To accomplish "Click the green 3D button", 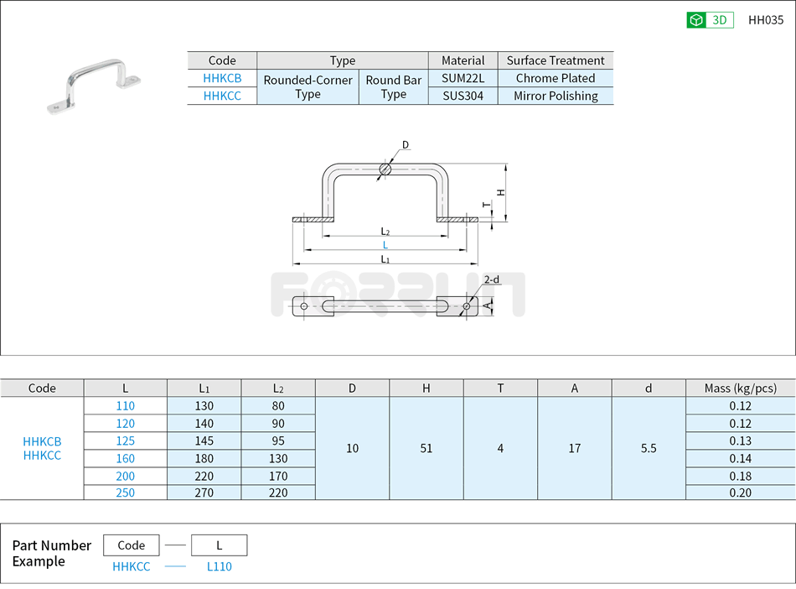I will [x=710, y=20].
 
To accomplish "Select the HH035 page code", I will [x=765, y=20].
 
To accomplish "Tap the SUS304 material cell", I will [x=463, y=96].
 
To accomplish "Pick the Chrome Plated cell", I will [x=555, y=78].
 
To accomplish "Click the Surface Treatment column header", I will [x=555, y=60].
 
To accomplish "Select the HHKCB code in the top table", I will [x=222, y=78].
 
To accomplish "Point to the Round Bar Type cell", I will [x=393, y=87].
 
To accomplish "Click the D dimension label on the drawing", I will [x=406, y=145].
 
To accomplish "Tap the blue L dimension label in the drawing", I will [x=385, y=245].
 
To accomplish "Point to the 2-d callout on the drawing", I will [x=491, y=279].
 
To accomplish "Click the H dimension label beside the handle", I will [x=501, y=192].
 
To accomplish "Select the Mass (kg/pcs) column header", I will [x=740, y=388].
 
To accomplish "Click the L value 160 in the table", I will [x=125, y=458].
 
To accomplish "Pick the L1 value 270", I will [x=204, y=493].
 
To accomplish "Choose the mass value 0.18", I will [x=740, y=476].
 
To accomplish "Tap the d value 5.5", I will [x=648, y=448].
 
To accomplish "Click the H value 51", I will [x=426, y=448].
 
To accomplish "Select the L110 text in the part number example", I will [x=219, y=566].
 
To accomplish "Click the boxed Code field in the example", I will [x=132, y=545].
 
